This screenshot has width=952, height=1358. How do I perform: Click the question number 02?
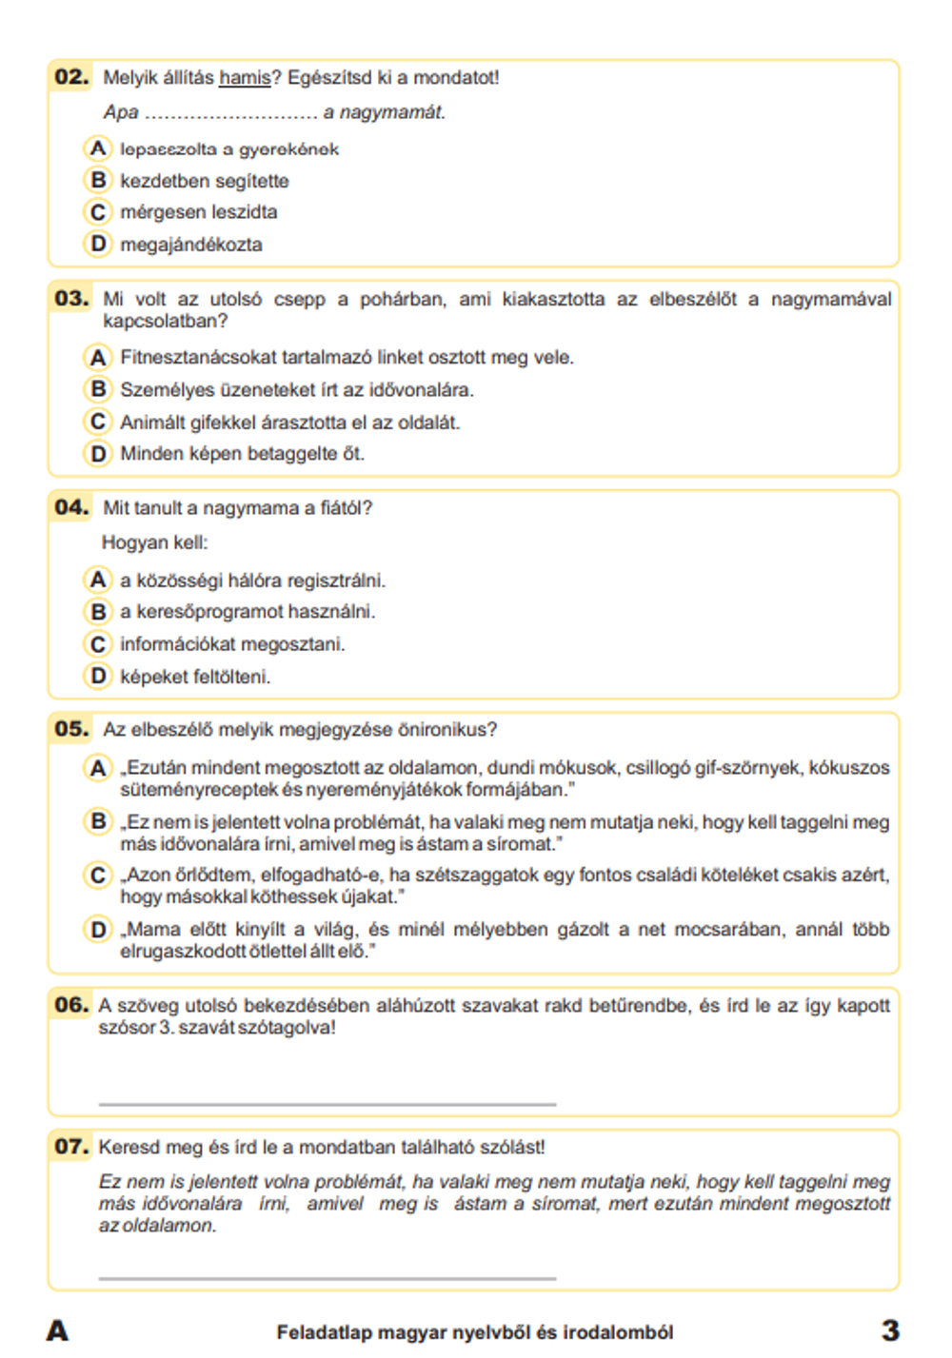coord(71,77)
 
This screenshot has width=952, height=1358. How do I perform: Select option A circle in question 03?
coord(97,358)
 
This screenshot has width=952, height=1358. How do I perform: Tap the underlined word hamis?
coord(245,78)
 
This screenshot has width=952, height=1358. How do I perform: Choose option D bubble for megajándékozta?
coord(97,245)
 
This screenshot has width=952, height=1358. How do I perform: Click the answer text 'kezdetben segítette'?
coord(204,181)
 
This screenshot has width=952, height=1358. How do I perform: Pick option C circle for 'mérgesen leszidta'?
coord(97,212)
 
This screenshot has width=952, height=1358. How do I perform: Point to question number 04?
coord(71,507)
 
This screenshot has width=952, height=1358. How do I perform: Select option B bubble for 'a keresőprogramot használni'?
coord(97,612)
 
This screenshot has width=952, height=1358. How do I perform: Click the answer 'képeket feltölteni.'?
coord(195,677)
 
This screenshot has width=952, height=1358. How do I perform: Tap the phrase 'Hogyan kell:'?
coord(154,542)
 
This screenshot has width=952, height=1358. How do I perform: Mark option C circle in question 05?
coord(97,875)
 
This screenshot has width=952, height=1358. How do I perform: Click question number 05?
coord(71,729)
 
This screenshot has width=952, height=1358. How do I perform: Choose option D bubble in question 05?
coord(97,929)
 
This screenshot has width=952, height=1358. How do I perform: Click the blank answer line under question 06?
coord(327,1103)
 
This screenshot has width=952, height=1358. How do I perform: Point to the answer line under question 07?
coord(327,1277)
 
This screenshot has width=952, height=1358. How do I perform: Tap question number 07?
coord(71,1147)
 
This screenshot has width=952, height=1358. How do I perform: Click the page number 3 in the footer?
coord(890,1330)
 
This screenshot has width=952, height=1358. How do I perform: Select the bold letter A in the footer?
coord(57,1330)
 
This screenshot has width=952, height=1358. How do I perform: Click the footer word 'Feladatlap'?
coord(324,1332)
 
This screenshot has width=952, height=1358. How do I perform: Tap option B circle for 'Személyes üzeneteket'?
coord(97,389)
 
